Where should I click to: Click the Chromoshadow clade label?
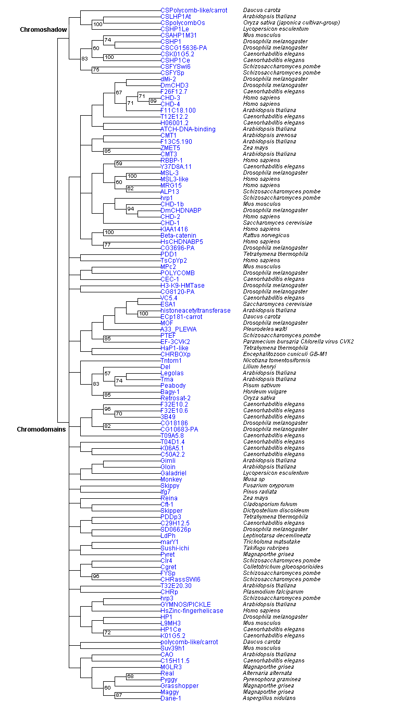tap(43, 30)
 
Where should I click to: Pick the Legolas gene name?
tap(172, 373)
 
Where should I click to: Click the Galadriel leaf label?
tap(173, 473)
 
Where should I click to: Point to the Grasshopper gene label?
tap(179, 686)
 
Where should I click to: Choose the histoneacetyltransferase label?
tap(195, 311)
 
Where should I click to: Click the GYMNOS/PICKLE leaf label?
tap(185, 605)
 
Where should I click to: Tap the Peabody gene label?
tap(173, 386)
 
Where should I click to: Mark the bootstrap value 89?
tap(153, 101)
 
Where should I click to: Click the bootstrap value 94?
tap(131, 208)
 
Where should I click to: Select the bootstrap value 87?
tap(119, 695)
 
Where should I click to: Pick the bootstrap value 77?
tap(107, 245)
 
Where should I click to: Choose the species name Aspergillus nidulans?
tap(269, 698)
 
